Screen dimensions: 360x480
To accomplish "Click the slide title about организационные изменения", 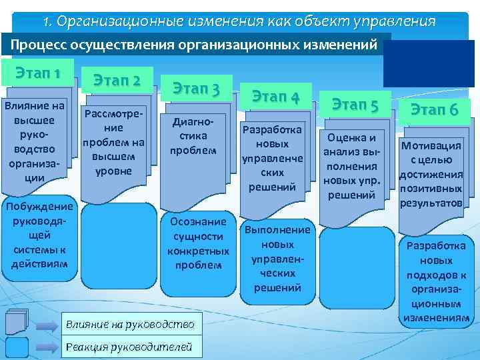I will point(239,21).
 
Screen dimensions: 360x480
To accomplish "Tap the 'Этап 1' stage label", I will point(36,73).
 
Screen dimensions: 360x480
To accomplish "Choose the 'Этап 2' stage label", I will point(117,81).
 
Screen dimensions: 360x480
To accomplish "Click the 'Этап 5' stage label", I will point(355,105).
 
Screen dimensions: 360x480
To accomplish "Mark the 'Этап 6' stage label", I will point(434,110).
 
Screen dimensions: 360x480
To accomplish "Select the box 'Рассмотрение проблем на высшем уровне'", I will point(113,143).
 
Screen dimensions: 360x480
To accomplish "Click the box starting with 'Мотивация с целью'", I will point(431,174).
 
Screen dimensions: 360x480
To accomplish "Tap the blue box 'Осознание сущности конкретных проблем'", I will point(198,243).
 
